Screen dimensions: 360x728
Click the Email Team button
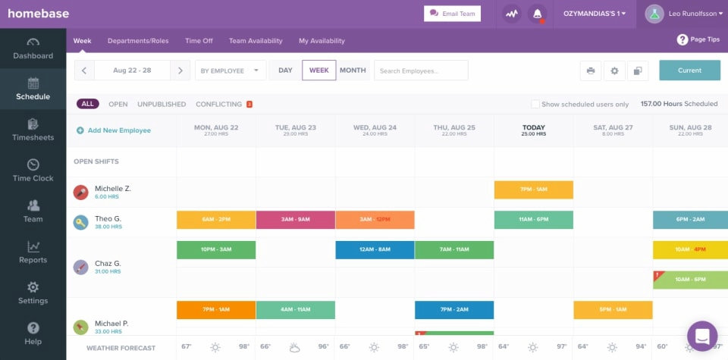coord(452,14)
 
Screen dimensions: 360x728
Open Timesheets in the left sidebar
coord(33,130)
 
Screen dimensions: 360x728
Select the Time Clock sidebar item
coord(33,171)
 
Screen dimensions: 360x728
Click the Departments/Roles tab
coord(138,41)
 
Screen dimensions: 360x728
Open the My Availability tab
coord(322,41)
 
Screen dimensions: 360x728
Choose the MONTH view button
coord(353,70)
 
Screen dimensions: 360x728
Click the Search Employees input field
coord(421,70)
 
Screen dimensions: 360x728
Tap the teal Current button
coord(689,70)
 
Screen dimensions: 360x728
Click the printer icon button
coord(591,70)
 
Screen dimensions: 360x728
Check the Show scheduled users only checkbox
coord(535,105)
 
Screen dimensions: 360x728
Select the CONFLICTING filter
coord(219,105)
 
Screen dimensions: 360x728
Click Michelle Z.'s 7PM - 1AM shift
coord(533,189)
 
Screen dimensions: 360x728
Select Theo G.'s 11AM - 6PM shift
coord(533,220)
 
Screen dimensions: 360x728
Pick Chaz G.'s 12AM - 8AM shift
coord(375,250)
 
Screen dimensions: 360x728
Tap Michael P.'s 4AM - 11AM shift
coord(295,310)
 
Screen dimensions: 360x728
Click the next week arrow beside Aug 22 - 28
coord(180,70)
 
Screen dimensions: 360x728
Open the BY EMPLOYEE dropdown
coord(231,70)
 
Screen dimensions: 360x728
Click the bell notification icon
coord(538,14)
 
